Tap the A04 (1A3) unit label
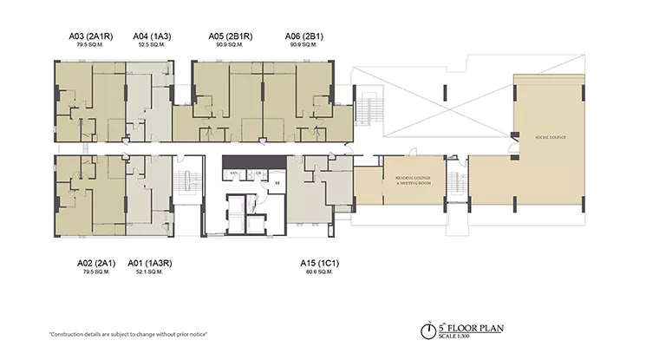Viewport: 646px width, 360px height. point(152,36)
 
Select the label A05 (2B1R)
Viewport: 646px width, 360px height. point(230,36)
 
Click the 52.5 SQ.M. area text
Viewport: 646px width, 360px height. point(152,47)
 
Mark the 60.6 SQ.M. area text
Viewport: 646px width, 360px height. point(320,272)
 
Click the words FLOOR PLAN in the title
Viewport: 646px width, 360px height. point(482,328)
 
